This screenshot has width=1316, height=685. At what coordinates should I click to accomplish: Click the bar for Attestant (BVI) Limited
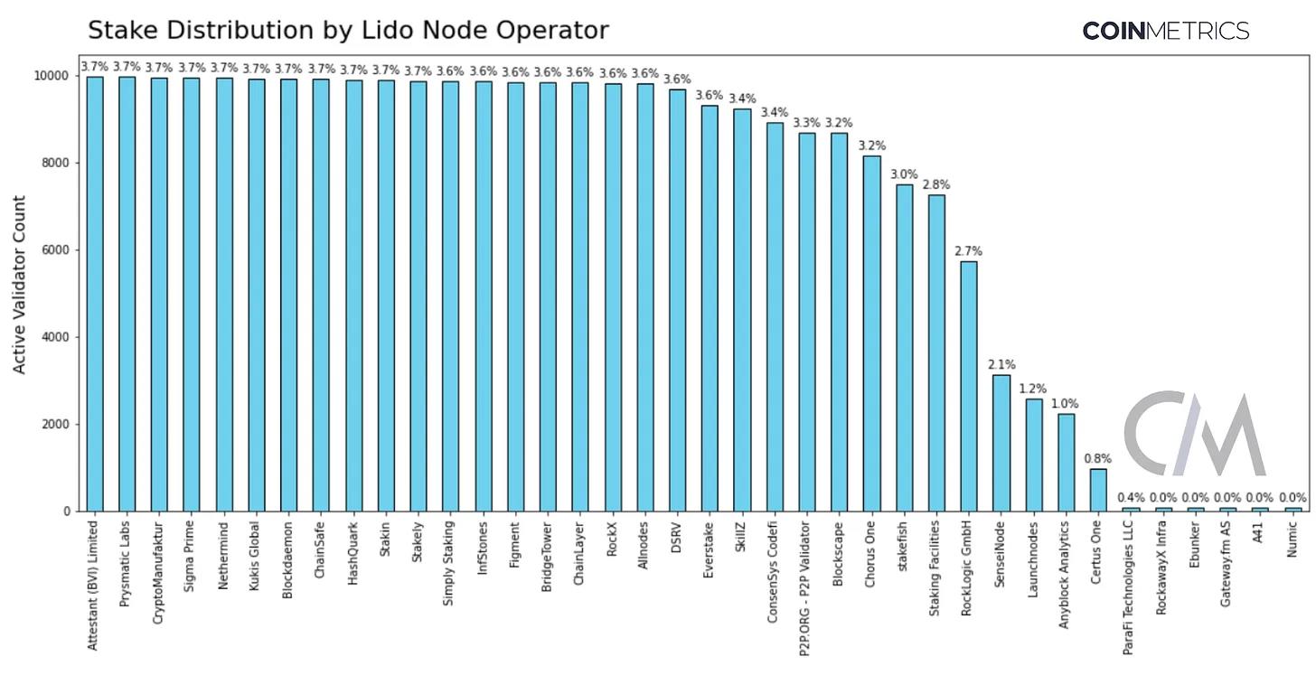(95, 294)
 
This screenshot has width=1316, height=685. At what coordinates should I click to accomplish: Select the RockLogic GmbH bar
(968, 386)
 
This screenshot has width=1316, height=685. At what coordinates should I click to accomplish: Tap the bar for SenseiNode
(1001, 443)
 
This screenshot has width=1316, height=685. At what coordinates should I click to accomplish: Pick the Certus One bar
(1098, 490)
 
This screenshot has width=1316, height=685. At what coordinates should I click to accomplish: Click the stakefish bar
(903, 348)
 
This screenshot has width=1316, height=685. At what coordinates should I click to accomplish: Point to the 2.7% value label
(968, 251)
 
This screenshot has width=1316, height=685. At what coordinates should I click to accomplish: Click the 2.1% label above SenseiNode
(1001, 365)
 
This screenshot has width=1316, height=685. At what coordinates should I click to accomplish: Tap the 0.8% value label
(1098, 459)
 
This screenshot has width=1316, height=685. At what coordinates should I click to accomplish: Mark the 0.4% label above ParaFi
(1131, 497)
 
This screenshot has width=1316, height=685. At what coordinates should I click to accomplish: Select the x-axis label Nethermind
(224, 552)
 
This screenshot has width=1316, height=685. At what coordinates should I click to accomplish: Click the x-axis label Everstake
(710, 549)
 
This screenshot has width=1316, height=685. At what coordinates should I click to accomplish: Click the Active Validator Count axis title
(20, 285)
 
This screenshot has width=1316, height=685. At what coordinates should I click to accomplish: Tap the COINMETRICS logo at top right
(1165, 31)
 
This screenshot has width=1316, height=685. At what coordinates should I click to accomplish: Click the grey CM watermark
(1194, 434)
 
